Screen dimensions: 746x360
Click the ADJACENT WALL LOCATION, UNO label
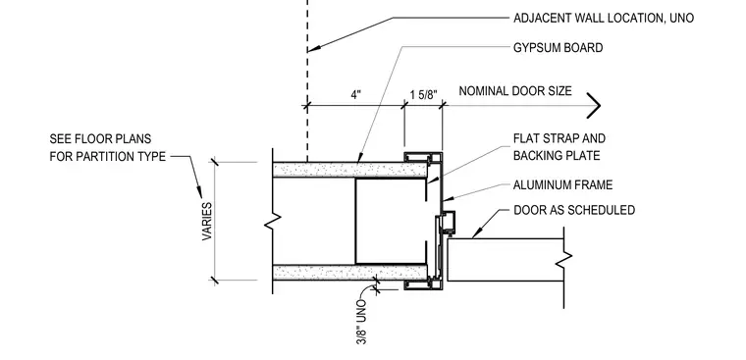(604, 18)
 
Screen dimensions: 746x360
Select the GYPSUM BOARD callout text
(559, 48)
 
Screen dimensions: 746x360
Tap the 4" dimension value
(356, 94)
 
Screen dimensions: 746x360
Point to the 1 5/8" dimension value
(423, 94)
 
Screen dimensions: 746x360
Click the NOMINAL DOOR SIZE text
(515, 91)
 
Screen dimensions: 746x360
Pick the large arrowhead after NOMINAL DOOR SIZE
(594, 105)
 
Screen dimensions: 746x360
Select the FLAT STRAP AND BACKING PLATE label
(559, 147)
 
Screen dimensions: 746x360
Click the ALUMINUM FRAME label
(562, 184)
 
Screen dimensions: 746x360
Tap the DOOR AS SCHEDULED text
(574, 210)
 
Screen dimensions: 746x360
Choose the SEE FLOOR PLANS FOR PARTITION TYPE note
(108, 147)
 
